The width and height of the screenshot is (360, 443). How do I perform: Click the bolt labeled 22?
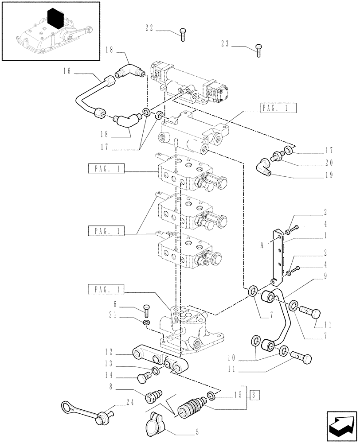183,34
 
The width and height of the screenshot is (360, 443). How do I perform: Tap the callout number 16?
67,70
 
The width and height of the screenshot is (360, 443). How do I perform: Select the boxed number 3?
252,395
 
